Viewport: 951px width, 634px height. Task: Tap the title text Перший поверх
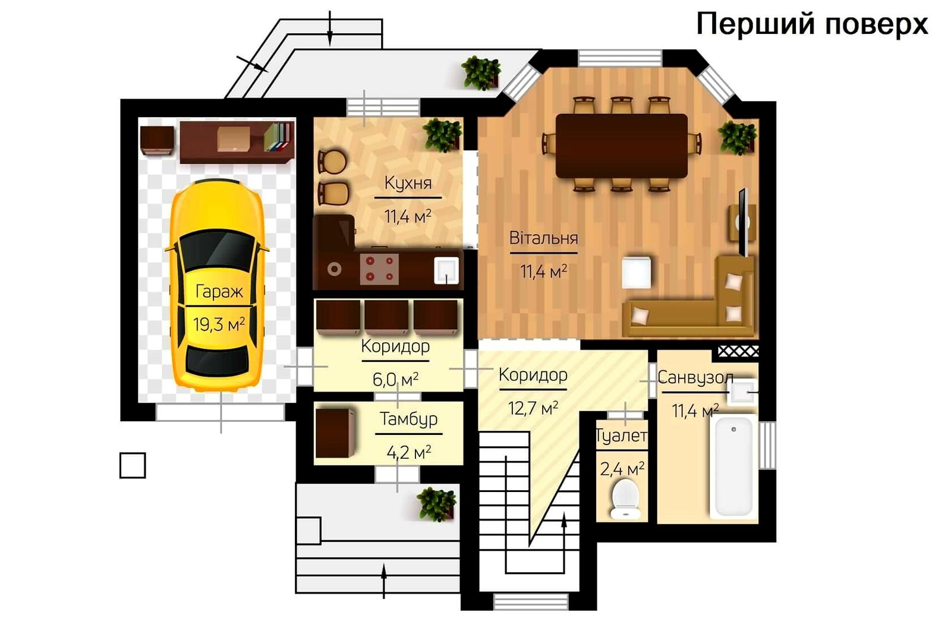coord(812,24)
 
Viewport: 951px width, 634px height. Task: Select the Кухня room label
coord(408,183)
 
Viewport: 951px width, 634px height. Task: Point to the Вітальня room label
coord(543,238)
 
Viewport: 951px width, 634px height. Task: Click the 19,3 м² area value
coord(219,324)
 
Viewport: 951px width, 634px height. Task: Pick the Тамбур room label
coord(408,419)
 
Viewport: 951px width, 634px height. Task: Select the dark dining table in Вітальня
coord(622,146)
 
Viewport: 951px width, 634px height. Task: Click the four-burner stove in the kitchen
coord(379,269)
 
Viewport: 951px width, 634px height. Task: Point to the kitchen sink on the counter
coord(446,270)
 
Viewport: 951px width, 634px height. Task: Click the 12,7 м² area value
coord(533,408)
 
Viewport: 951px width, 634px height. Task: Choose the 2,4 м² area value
coord(622,469)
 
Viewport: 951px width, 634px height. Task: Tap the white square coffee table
coord(637,273)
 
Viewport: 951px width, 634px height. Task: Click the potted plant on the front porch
coord(436,504)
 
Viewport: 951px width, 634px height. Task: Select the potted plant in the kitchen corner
coord(442,135)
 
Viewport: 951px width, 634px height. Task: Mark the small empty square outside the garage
coord(133,465)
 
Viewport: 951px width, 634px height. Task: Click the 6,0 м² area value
coord(395,379)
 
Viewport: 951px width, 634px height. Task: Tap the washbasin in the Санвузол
coord(742,392)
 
